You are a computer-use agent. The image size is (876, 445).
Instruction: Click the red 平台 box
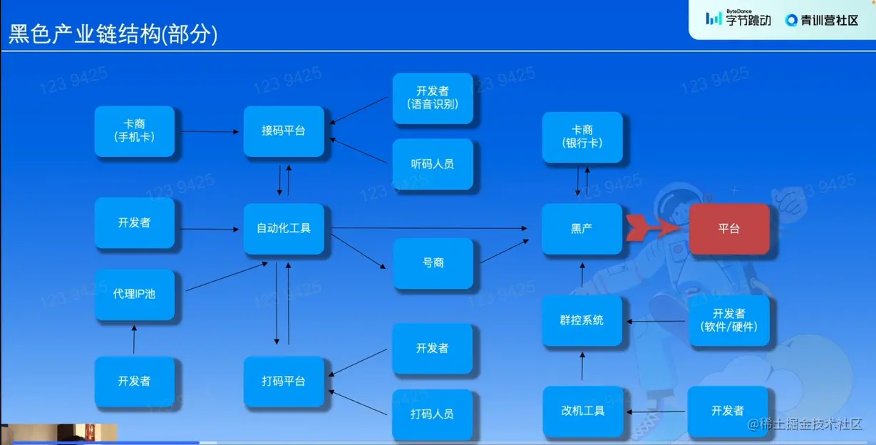[x=729, y=229]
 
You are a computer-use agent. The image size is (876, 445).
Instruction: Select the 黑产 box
[x=582, y=229]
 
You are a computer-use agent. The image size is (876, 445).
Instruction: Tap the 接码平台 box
[x=284, y=131]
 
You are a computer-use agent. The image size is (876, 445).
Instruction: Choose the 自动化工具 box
[x=284, y=229]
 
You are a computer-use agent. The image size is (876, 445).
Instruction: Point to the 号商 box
[x=433, y=263]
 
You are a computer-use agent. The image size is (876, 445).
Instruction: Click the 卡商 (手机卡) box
[x=135, y=131]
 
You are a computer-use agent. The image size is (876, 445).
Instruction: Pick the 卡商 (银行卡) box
[x=582, y=137]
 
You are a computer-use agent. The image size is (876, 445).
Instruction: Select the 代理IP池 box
[x=135, y=294]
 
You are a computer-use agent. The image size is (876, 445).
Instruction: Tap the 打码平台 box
[x=284, y=382]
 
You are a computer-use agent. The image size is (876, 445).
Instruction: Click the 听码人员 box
[x=433, y=164]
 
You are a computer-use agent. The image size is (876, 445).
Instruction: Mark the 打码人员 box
[x=433, y=414]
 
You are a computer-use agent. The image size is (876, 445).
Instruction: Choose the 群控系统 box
[x=582, y=321]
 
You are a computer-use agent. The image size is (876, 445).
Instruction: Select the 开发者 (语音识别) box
[x=433, y=98]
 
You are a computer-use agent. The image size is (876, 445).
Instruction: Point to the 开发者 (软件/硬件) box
[x=729, y=320]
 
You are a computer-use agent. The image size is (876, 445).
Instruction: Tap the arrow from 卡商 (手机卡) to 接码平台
[x=209, y=131]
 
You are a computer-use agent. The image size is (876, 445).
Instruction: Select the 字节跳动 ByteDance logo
[x=738, y=19]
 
